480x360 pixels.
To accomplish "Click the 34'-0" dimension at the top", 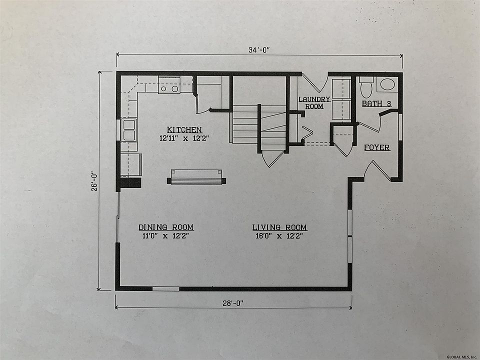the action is (x=259, y=50).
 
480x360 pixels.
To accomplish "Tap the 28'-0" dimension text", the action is (x=232, y=303).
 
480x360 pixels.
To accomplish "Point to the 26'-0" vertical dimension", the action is (x=94, y=180).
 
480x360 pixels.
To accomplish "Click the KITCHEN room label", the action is (x=184, y=130).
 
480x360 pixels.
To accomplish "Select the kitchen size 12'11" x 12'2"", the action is (x=184, y=138).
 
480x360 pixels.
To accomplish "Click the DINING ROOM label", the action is (x=166, y=227).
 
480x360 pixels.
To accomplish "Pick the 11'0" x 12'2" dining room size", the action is (x=165, y=235).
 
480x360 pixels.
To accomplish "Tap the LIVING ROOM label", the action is (x=279, y=227).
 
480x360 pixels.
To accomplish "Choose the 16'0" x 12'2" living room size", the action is (x=279, y=236).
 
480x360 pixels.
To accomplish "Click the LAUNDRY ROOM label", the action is (x=314, y=102).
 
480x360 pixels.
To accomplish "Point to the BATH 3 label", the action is (x=376, y=104).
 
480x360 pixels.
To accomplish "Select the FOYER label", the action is (x=377, y=147).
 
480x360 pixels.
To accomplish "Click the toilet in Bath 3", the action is (x=366, y=86).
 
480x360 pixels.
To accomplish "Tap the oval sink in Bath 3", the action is (x=387, y=84).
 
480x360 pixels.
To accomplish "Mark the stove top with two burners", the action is (x=169, y=85).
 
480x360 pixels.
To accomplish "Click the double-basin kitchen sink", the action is (x=129, y=130).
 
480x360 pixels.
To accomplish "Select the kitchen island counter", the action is (x=196, y=177).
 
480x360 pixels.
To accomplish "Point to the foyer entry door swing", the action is (x=377, y=170).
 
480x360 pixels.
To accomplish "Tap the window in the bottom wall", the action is (x=165, y=288).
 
